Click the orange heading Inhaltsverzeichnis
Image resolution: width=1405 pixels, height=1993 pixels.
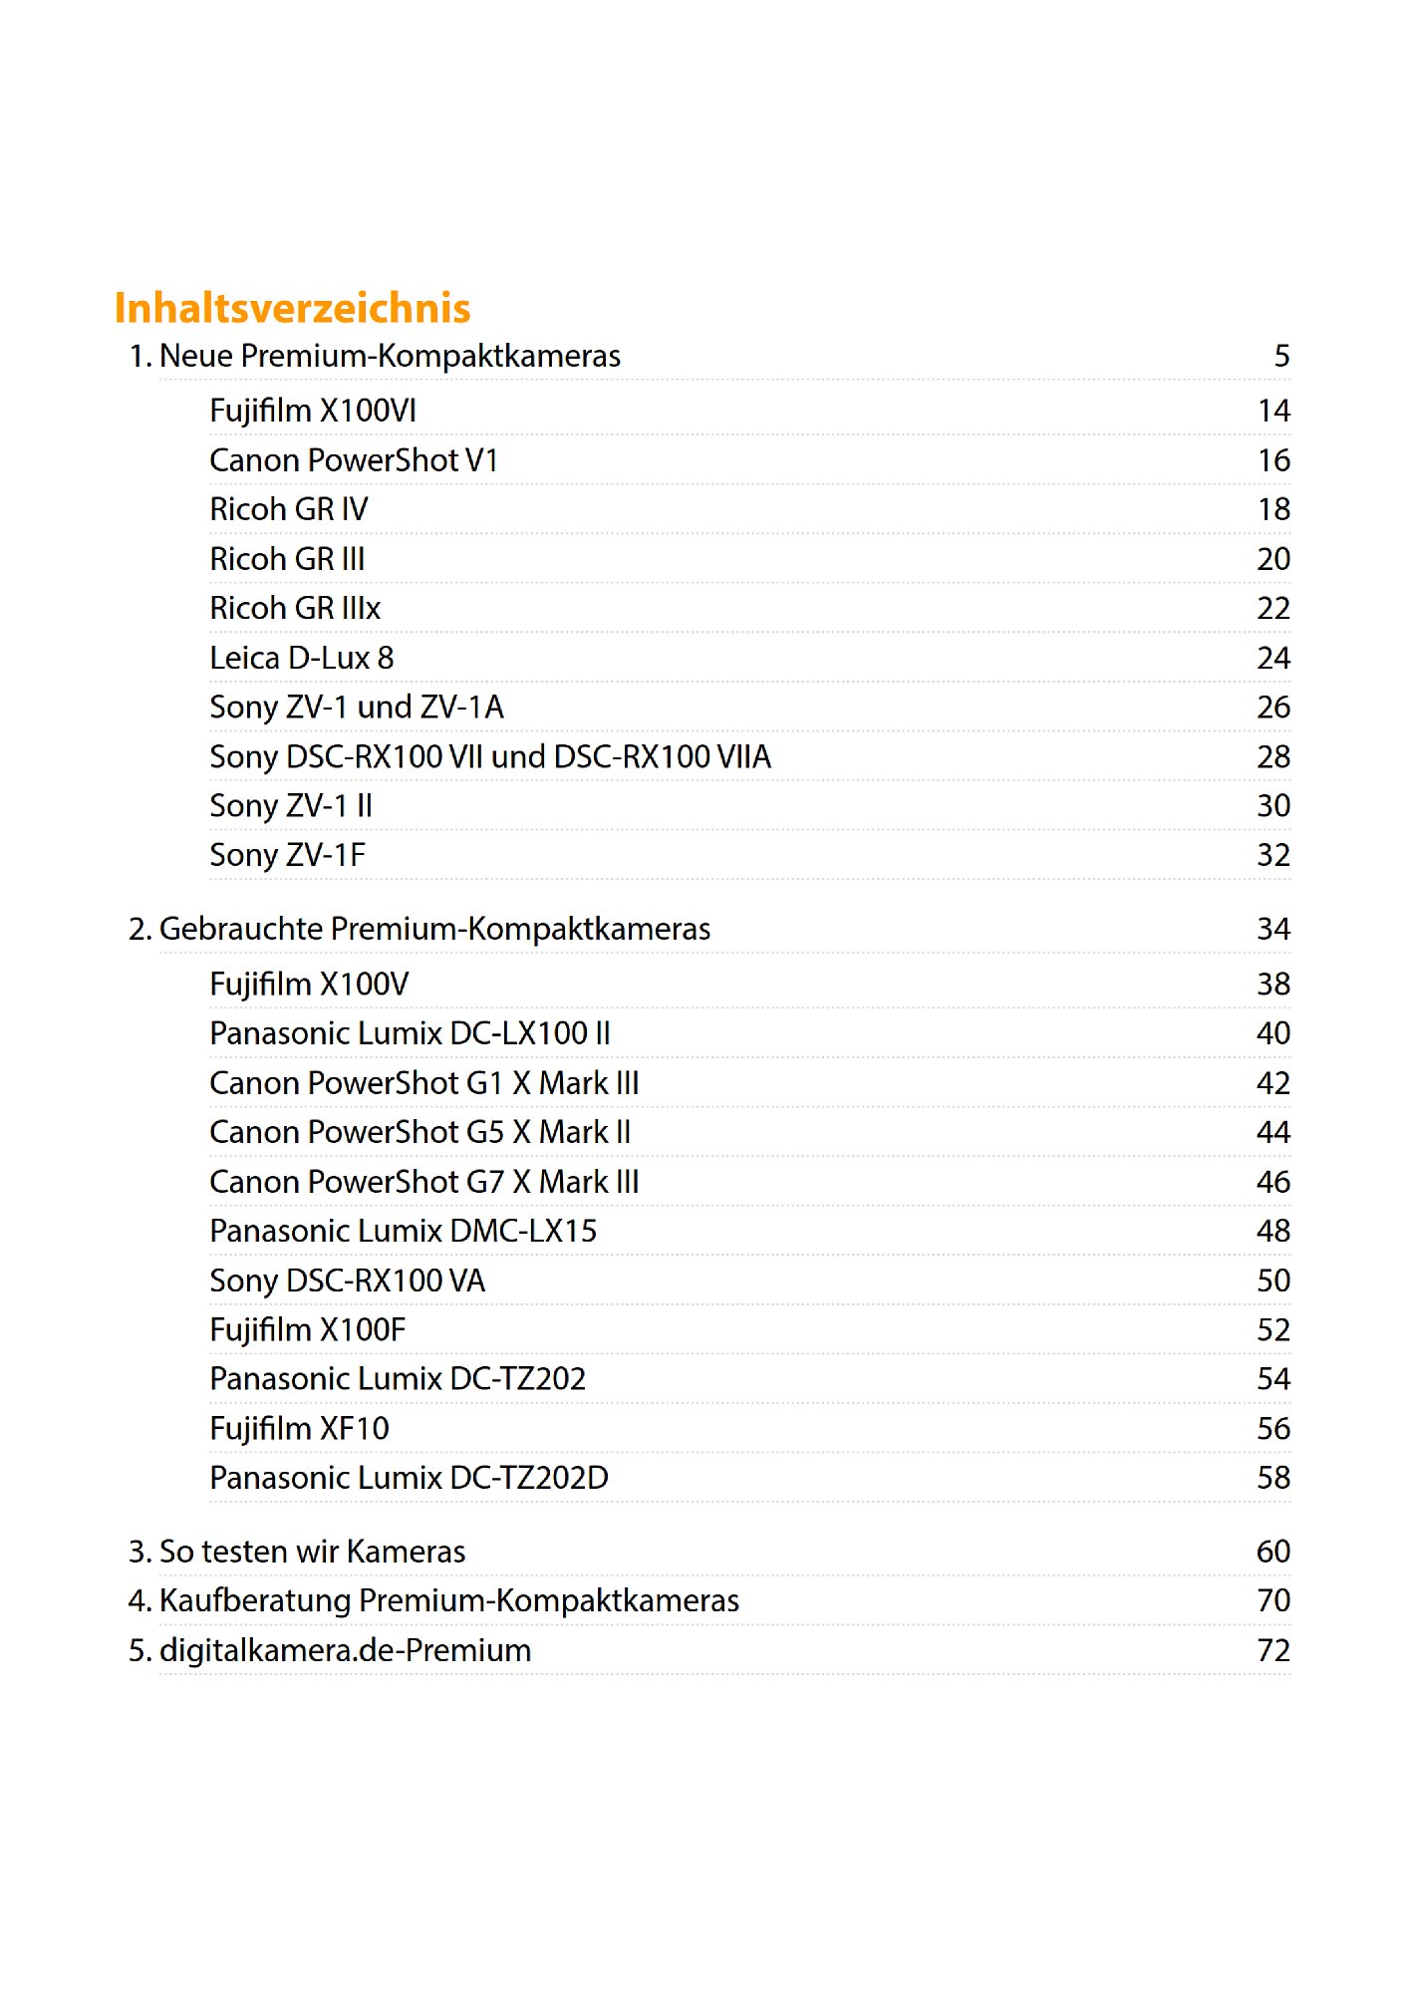(292, 308)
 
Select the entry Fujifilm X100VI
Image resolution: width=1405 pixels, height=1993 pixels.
(313, 411)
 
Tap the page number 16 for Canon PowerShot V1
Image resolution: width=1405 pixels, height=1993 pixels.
(1272, 460)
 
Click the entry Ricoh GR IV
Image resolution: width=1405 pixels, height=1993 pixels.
(288, 509)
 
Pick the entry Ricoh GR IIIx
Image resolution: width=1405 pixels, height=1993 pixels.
(295, 608)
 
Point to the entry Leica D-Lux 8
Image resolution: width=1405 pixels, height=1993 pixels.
(301, 658)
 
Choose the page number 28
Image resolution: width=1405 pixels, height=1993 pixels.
(1272, 756)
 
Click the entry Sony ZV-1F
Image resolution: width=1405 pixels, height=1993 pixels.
(287, 855)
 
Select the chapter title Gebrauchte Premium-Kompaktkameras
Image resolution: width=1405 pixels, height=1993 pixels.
(434, 929)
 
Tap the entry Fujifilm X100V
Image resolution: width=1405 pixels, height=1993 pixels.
(309, 985)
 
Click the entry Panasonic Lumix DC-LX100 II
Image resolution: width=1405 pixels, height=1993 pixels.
(410, 1033)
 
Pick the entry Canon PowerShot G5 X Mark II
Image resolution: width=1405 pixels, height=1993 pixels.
(420, 1132)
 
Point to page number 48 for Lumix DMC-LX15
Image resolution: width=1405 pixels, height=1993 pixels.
(1272, 1231)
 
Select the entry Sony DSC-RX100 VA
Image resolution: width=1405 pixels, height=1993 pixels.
(347, 1281)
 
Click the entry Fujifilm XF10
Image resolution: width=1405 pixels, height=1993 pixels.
(299, 1429)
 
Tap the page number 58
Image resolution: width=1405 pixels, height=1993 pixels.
(1272, 1478)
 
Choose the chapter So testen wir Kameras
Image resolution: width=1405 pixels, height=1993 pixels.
(312, 1552)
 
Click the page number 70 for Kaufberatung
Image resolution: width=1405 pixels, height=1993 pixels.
(1272, 1600)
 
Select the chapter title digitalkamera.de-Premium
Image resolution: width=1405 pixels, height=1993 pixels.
(345, 1650)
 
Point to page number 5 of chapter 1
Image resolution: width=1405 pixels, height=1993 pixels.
(1281, 356)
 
